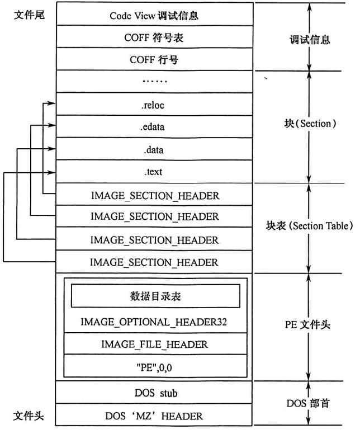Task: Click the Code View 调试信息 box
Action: tap(154, 16)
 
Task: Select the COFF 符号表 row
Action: tap(154, 38)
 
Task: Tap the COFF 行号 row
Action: tap(154, 60)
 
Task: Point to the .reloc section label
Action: tap(153, 104)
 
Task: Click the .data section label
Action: tap(153, 150)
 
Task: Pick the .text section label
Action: tap(153, 172)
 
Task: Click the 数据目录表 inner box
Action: tap(155, 296)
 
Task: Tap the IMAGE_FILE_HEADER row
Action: tap(154, 345)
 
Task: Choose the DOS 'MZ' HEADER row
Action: tap(154, 416)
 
